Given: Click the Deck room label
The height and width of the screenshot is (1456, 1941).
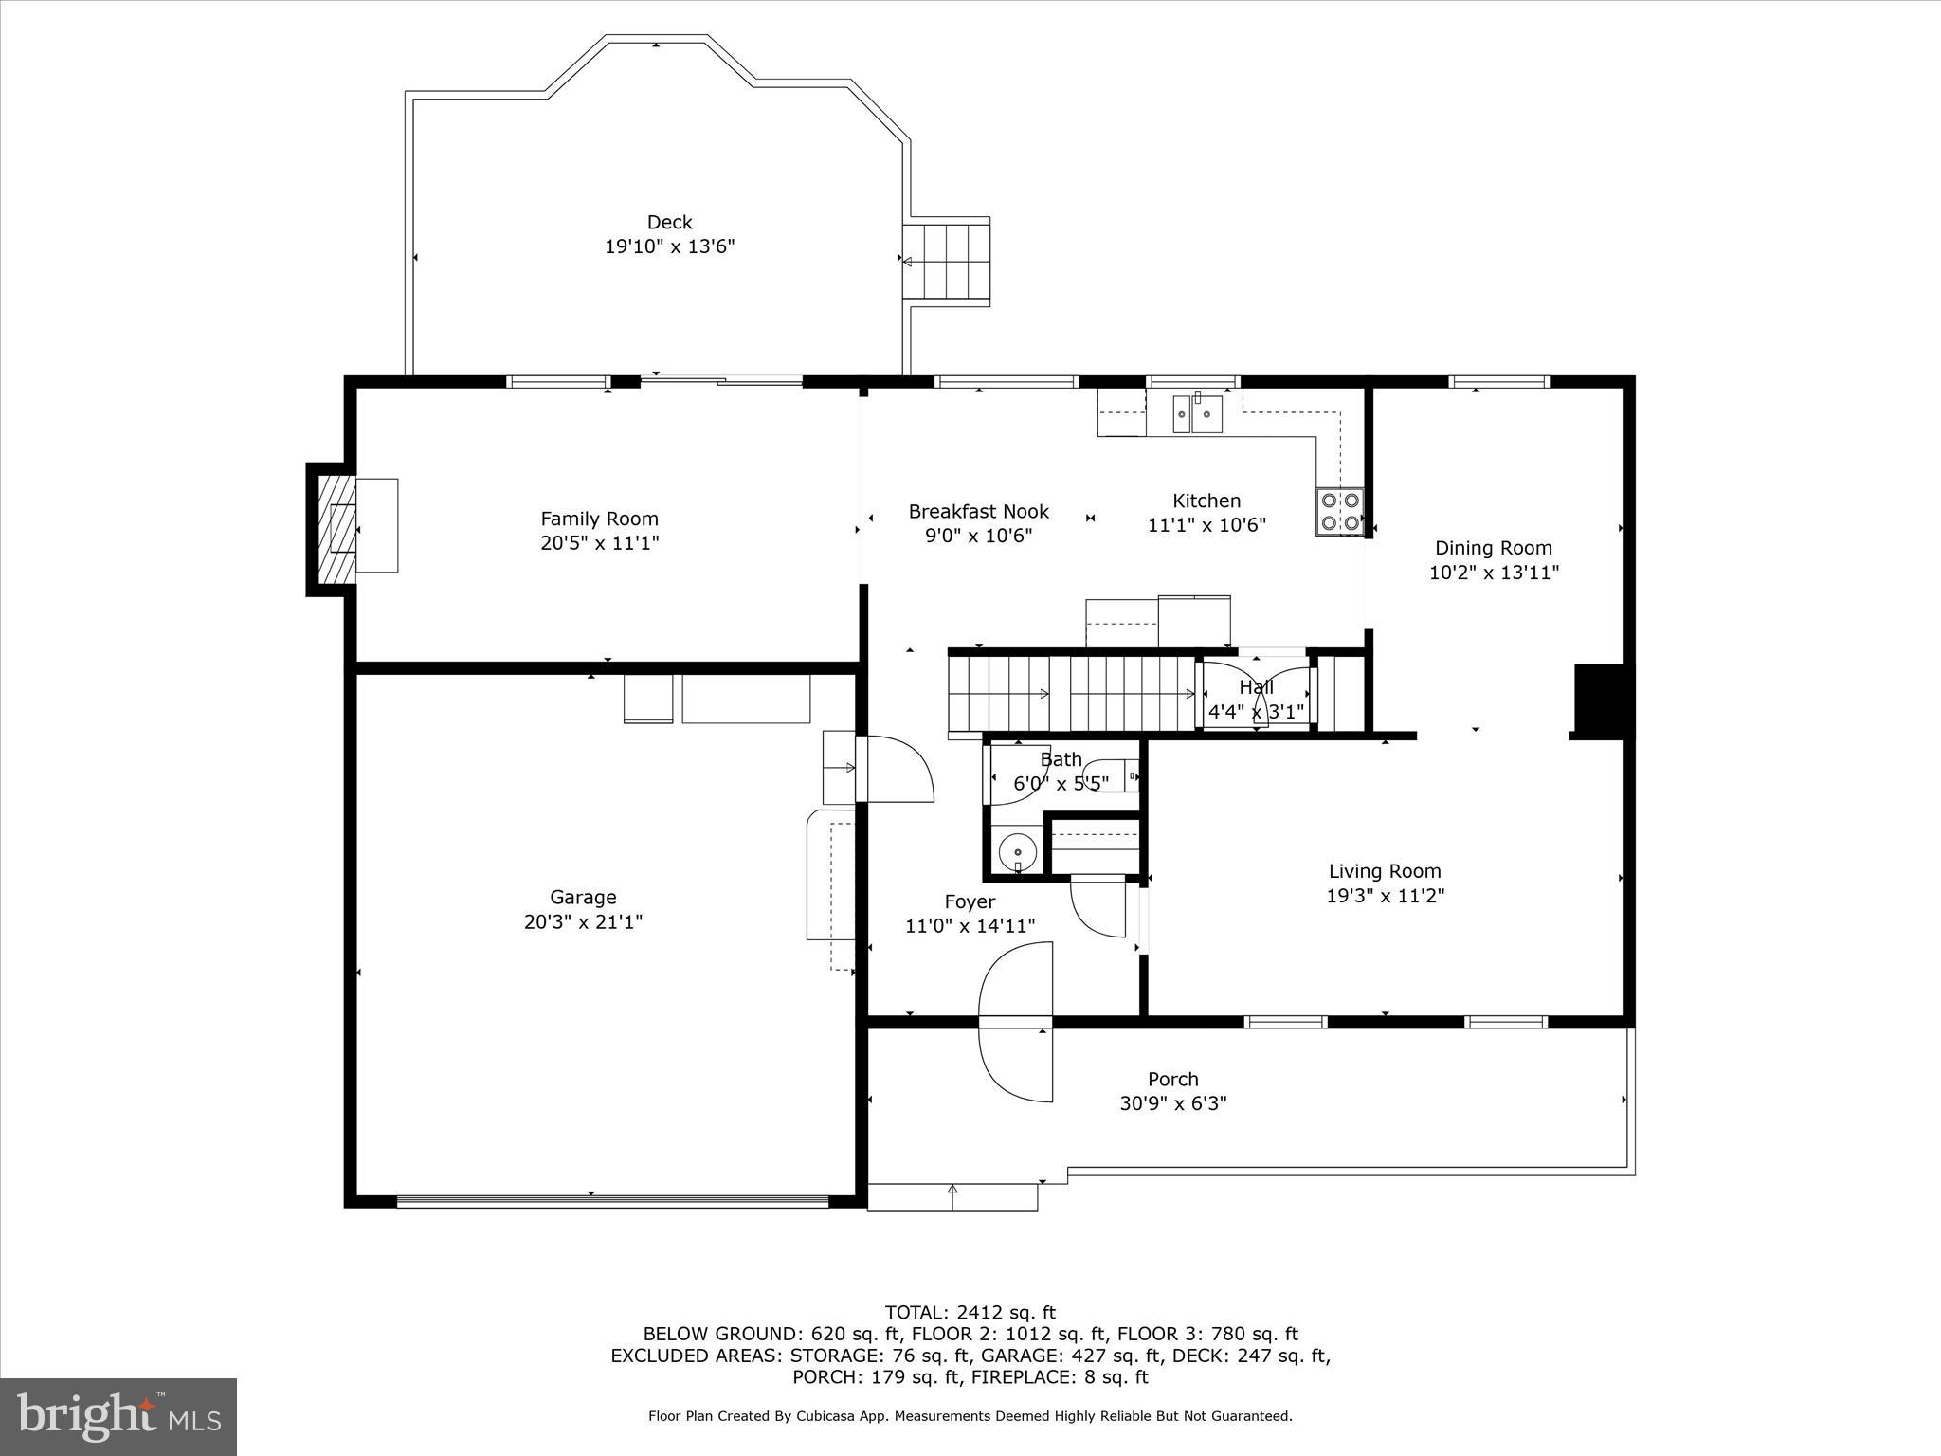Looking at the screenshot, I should point(669,222).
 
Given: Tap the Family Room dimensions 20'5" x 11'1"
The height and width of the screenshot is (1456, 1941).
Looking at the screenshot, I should point(599,543).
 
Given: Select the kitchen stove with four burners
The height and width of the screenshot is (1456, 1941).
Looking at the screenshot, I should point(1339,512).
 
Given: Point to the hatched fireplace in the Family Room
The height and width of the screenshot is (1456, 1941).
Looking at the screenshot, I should point(337,528).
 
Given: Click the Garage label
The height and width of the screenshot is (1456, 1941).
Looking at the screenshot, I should point(583,897).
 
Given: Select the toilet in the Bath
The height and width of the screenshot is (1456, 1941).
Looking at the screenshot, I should point(1109,774).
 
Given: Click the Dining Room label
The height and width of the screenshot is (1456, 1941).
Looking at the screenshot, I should point(1493,548).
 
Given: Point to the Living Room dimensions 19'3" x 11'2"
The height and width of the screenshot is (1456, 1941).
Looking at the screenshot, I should point(1385,896).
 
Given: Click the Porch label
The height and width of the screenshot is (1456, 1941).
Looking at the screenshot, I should point(1172,1079).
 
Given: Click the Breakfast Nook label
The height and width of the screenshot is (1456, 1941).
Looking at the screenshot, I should point(978,512).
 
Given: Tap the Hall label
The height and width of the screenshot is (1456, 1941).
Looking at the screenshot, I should point(1256,687).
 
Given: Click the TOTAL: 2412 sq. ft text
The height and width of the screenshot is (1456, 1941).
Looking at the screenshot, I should point(970,1313).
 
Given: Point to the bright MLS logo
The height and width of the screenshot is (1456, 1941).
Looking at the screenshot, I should point(118,1417).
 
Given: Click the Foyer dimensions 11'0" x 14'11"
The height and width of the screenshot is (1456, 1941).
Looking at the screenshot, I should point(970,926).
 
